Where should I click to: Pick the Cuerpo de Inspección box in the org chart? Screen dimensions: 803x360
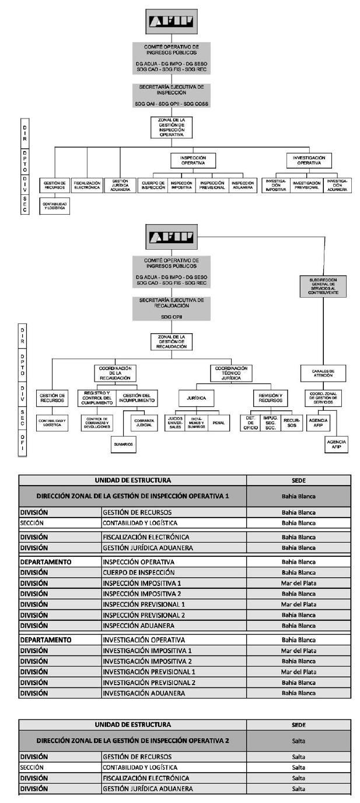(x=152, y=185)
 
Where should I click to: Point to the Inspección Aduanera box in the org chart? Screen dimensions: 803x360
(x=243, y=185)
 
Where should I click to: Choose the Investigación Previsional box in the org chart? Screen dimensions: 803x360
(x=306, y=185)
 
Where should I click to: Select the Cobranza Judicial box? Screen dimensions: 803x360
(x=144, y=423)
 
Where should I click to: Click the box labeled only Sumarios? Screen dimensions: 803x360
(x=124, y=444)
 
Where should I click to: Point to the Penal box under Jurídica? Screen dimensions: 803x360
(x=219, y=423)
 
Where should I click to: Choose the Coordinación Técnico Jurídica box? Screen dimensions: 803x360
(x=231, y=373)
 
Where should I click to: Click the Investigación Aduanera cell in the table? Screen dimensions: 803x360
(x=173, y=693)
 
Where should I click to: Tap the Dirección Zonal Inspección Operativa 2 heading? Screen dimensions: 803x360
(x=132, y=740)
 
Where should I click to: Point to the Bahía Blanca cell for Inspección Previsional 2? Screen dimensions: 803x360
(x=298, y=615)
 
